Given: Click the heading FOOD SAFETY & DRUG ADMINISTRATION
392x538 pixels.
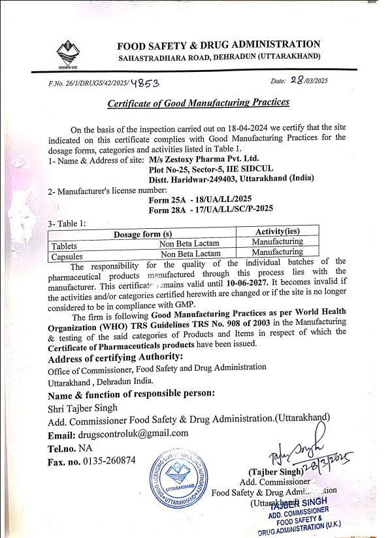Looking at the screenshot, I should coord(218,45).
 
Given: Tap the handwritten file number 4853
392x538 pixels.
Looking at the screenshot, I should coord(144,83).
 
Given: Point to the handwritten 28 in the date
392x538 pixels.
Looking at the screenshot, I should coord(298,80).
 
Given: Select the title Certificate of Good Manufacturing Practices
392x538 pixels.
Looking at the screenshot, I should coord(198,103).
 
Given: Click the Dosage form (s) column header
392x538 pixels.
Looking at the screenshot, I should coord(142,234).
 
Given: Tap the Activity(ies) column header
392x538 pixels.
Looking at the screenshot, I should coord(277,231).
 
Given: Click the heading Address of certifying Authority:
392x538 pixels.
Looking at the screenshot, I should coord(116,356).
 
